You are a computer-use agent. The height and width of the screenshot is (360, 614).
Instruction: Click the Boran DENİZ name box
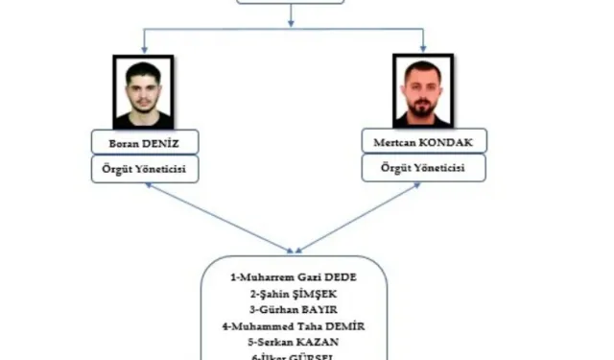tap(143, 143)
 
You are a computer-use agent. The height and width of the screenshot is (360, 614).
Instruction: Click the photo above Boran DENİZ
tap(143, 91)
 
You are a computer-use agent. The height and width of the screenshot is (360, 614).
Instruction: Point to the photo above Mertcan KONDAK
tap(423, 91)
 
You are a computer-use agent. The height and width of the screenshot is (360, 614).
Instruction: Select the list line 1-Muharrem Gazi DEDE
tap(294, 276)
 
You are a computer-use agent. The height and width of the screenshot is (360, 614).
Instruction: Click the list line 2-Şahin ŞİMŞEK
tap(294, 293)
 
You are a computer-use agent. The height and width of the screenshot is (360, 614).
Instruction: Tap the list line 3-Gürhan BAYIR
tap(294, 309)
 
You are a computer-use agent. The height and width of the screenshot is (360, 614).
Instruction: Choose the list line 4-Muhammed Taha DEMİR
tap(294, 326)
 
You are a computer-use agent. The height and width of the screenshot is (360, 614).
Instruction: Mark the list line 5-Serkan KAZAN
tap(294, 342)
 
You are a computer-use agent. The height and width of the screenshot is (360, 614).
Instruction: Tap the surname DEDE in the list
tap(341, 276)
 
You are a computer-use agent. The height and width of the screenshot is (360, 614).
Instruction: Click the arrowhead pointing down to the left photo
tap(143, 48)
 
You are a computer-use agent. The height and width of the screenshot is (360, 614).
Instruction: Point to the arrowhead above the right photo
tap(423, 48)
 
